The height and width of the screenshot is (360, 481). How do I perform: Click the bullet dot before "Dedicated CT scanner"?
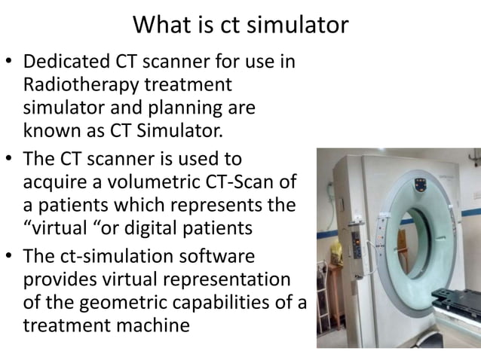pyautogui.click(x=9, y=64)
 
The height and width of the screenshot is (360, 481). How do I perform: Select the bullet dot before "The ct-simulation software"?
pyautogui.click(x=9, y=257)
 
